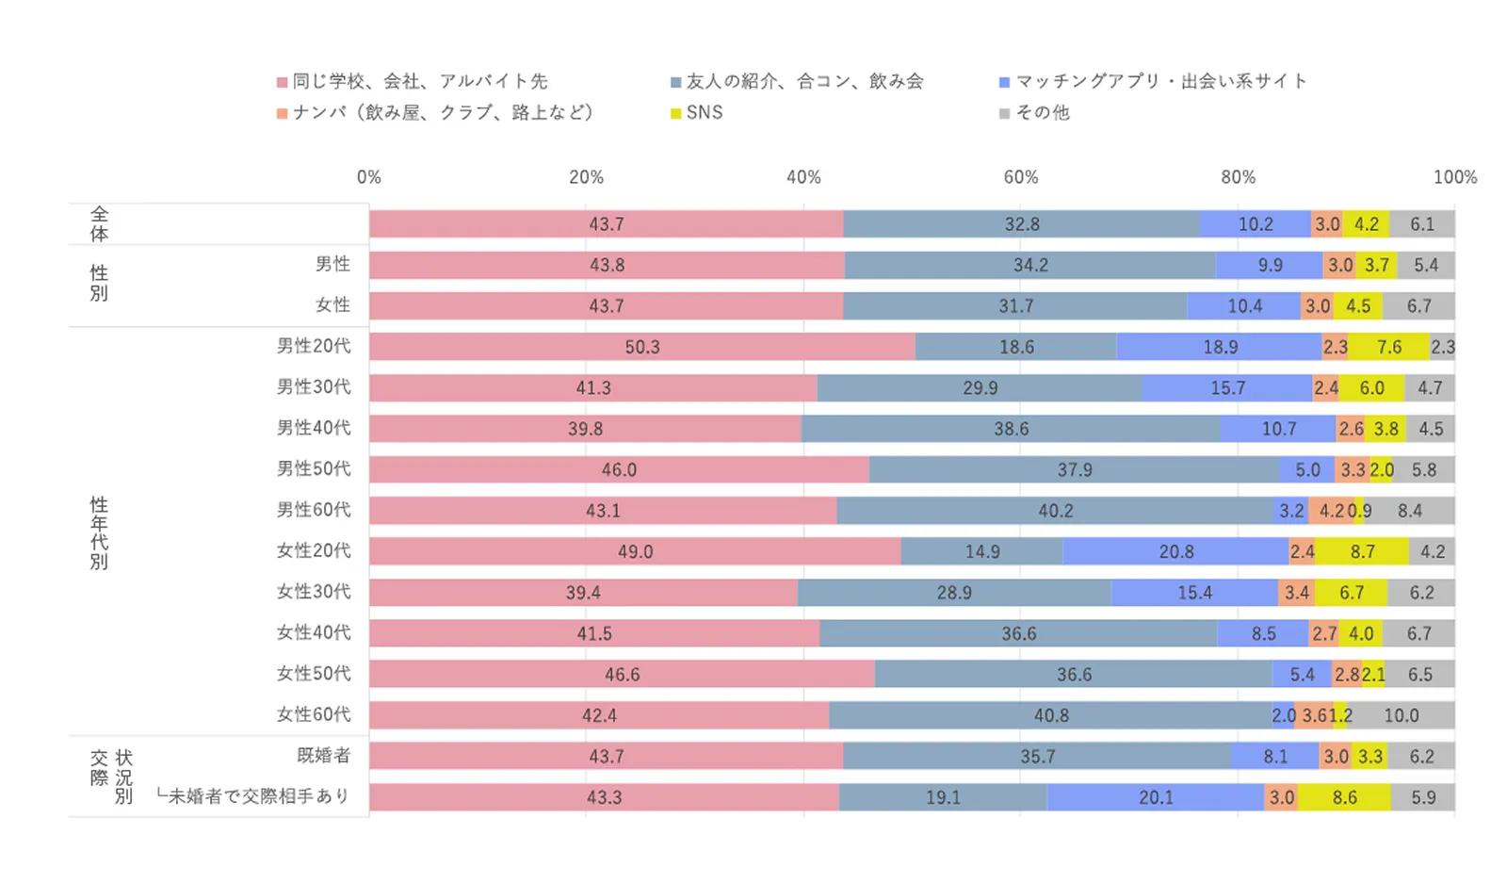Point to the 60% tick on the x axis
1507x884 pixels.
click(x=1020, y=177)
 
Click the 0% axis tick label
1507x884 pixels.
click(x=369, y=177)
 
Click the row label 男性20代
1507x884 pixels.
click(x=314, y=346)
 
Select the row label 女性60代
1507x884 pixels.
click(x=314, y=714)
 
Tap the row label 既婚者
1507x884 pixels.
click(x=323, y=755)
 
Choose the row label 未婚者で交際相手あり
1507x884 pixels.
click(x=254, y=796)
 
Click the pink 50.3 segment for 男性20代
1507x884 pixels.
click(x=641, y=347)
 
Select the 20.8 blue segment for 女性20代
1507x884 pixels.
click(x=1176, y=551)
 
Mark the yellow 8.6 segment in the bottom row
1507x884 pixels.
click(x=1344, y=797)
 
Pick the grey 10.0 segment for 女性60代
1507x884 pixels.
click(x=1401, y=715)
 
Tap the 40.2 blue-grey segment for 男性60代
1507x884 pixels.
click(x=1055, y=511)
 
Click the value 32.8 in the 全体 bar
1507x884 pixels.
click(x=1022, y=224)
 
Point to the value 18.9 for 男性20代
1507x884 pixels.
click(x=1220, y=347)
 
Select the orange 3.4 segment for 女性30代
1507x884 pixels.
click(x=1296, y=593)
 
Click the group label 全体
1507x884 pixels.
click(x=99, y=224)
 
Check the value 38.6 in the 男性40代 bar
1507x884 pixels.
click(x=1011, y=429)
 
